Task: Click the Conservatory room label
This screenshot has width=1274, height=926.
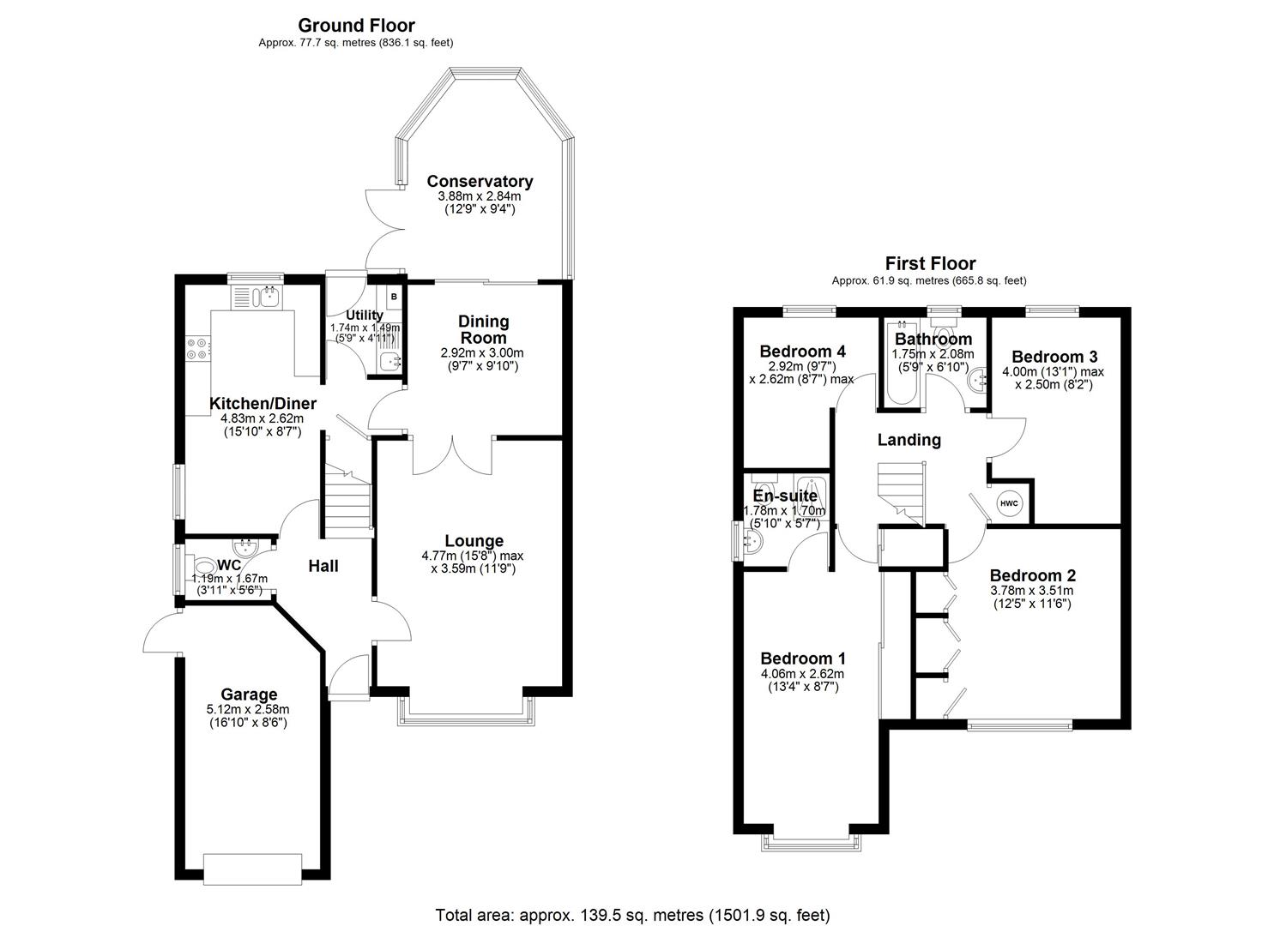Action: (480, 181)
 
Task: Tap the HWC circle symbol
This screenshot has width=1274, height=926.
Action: (1009, 502)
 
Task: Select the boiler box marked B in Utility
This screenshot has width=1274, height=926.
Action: (394, 297)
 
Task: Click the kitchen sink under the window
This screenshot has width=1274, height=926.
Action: (257, 298)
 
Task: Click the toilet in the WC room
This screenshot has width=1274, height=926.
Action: (206, 567)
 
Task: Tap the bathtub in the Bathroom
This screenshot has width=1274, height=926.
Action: (899, 364)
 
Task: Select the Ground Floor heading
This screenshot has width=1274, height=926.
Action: (356, 26)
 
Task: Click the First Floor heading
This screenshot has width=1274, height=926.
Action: (930, 263)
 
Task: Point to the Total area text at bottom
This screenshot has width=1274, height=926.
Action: (632, 915)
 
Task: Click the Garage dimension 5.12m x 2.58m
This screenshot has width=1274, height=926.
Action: (248, 709)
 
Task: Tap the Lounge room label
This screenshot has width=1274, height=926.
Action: (474, 541)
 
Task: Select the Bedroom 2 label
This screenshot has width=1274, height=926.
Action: (1032, 575)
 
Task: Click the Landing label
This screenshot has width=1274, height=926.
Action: (909, 440)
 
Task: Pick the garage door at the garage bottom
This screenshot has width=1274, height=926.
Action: (252, 869)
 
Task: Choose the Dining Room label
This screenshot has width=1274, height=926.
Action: (483, 329)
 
